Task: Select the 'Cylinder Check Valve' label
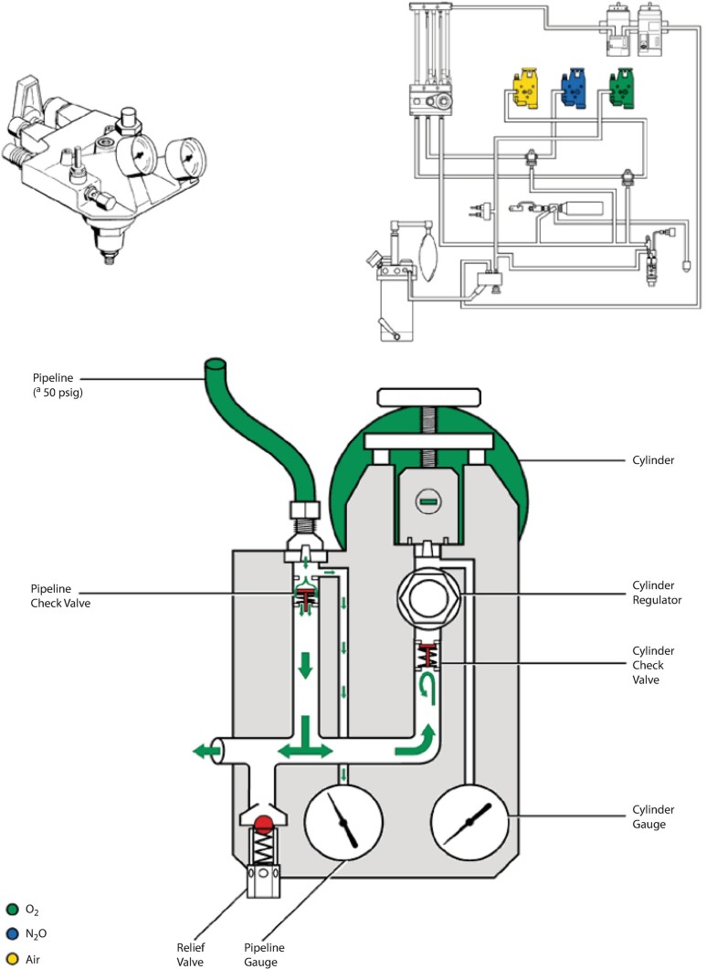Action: pyautogui.click(x=653, y=665)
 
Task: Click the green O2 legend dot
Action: pyautogui.click(x=13, y=910)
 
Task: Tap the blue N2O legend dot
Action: pyautogui.click(x=13, y=934)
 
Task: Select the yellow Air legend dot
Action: pyautogui.click(x=13, y=959)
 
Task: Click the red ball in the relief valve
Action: pyautogui.click(x=264, y=824)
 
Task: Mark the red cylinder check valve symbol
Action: pyautogui.click(x=428, y=656)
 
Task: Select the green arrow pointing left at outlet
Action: pyautogui.click(x=206, y=752)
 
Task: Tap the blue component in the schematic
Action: pyautogui.click(x=574, y=88)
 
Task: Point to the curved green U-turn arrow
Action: pyautogui.click(x=427, y=688)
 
